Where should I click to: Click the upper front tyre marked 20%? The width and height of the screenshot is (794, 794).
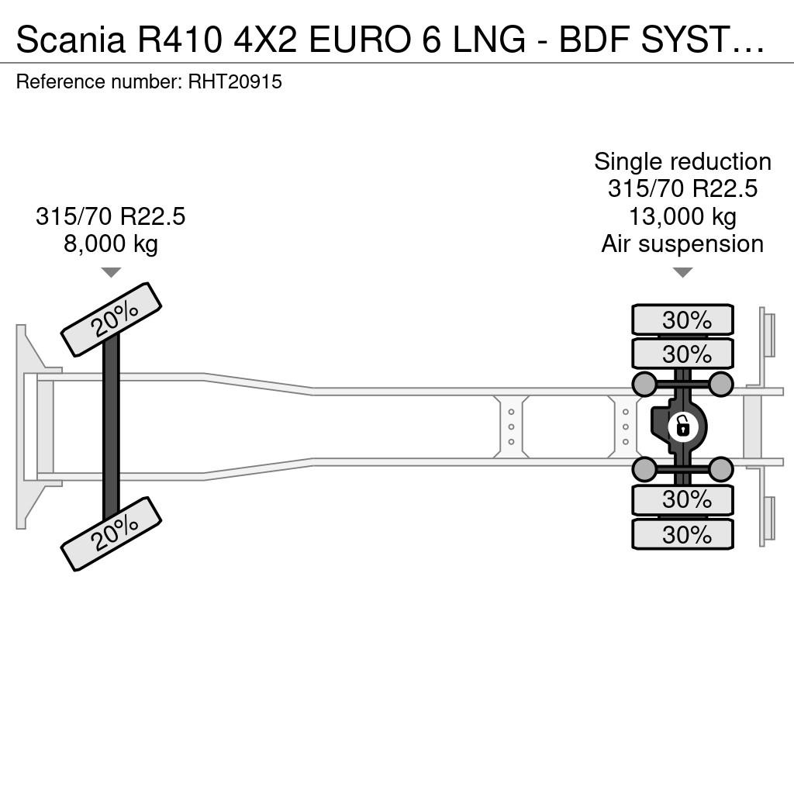pyautogui.click(x=111, y=319)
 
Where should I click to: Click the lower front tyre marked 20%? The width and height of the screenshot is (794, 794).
pyautogui.click(x=111, y=533)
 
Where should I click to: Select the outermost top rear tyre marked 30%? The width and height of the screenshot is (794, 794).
pyautogui.click(x=682, y=319)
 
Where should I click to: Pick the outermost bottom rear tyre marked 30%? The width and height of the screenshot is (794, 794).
pyautogui.click(x=682, y=534)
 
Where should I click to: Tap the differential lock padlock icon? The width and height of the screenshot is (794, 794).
pyautogui.click(x=682, y=426)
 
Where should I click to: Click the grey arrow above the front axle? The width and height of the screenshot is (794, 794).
pyautogui.click(x=111, y=272)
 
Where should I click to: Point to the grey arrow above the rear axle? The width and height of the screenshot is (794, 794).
pyautogui.click(x=682, y=272)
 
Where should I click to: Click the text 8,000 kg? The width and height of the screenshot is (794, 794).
pyautogui.click(x=111, y=243)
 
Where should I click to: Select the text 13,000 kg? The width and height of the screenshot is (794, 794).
pyautogui.click(x=682, y=216)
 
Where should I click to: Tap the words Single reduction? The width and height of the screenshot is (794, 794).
pyautogui.click(x=682, y=162)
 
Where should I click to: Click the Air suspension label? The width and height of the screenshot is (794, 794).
pyautogui.click(x=682, y=244)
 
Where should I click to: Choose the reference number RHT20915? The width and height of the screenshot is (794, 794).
pyautogui.click(x=235, y=81)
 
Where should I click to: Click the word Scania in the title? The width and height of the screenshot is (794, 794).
pyautogui.click(x=71, y=39)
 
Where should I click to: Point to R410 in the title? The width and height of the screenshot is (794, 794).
pyautogui.click(x=180, y=39)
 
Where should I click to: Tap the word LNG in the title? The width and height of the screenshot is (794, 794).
pyautogui.click(x=488, y=39)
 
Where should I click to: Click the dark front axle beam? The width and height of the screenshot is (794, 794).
pyautogui.click(x=111, y=427)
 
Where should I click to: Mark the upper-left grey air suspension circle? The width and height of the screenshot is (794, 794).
pyautogui.click(x=645, y=384)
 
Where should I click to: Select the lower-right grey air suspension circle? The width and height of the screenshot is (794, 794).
pyautogui.click(x=720, y=469)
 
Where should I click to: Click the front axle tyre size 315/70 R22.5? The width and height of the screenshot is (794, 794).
pyautogui.click(x=111, y=216)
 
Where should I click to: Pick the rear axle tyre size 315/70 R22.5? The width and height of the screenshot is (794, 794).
pyautogui.click(x=682, y=189)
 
